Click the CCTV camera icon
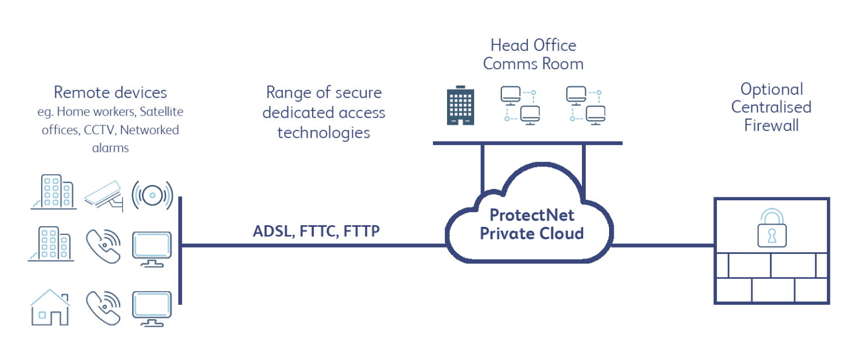tap(104, 195)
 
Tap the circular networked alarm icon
tap(152, 195)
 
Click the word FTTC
tap(315, 231)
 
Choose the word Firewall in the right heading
tap(771, 125)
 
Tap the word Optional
tap(772, 89)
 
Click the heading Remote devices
tap(110, 92)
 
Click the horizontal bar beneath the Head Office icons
tap(527, 143)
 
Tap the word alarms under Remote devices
tap(110, 148)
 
